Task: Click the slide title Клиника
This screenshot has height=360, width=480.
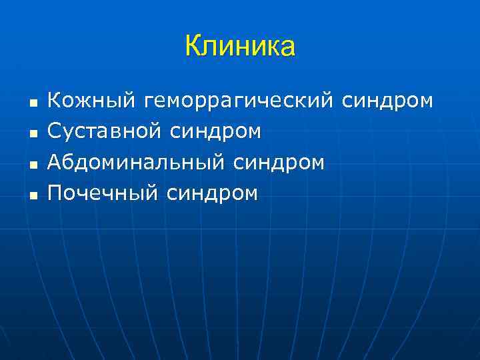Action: point(240,47)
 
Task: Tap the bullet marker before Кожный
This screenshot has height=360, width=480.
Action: point(31,104)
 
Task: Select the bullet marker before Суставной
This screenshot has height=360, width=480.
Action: point(31,135)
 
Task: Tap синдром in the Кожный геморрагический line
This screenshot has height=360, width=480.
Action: point(387,101)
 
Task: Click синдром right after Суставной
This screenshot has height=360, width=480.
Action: point(215,132)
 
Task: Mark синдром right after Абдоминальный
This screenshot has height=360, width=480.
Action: point(279,163)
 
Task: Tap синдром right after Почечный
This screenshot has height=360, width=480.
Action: point(211,193)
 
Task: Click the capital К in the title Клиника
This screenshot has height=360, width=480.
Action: point(193,47)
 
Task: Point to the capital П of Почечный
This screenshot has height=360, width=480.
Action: point(55,193)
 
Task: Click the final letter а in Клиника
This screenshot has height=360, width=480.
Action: point(287,48)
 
